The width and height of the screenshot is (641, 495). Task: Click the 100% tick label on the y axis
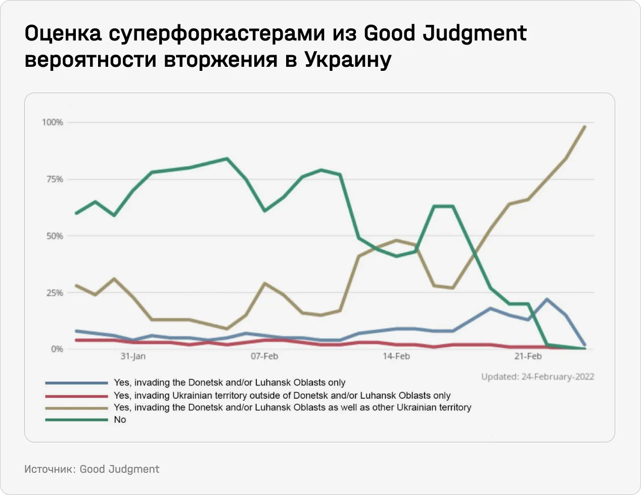coord(52,122)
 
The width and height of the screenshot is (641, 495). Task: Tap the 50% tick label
coord(54,236)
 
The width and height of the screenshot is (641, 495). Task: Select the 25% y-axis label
coord(54,293)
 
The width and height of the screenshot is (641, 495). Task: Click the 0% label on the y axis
coord(56,349)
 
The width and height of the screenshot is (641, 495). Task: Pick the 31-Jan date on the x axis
coord(133,356)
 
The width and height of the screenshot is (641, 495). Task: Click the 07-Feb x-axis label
coord(264,356)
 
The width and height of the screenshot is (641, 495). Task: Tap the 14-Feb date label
coord(396,356)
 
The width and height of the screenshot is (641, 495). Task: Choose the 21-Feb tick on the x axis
coord(528,356)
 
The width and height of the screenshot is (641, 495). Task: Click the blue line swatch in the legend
coord(76,383)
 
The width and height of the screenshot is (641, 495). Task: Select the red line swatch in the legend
coord(76,396)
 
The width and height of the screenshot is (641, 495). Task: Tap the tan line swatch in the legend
coord(76,408)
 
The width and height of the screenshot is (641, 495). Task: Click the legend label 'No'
coord(120,420)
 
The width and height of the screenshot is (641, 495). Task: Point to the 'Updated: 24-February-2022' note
coord(537,377)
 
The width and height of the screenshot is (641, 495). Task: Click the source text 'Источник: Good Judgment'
coord(91,469)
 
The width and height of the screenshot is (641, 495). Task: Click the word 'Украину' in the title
coord(348,60)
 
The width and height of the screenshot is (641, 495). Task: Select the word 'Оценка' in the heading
coord(63,33)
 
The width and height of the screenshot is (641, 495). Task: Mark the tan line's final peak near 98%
coord(585,127)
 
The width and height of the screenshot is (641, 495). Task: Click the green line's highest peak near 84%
coord(227,158)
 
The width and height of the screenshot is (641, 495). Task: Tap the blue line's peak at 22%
coord(547,299)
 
